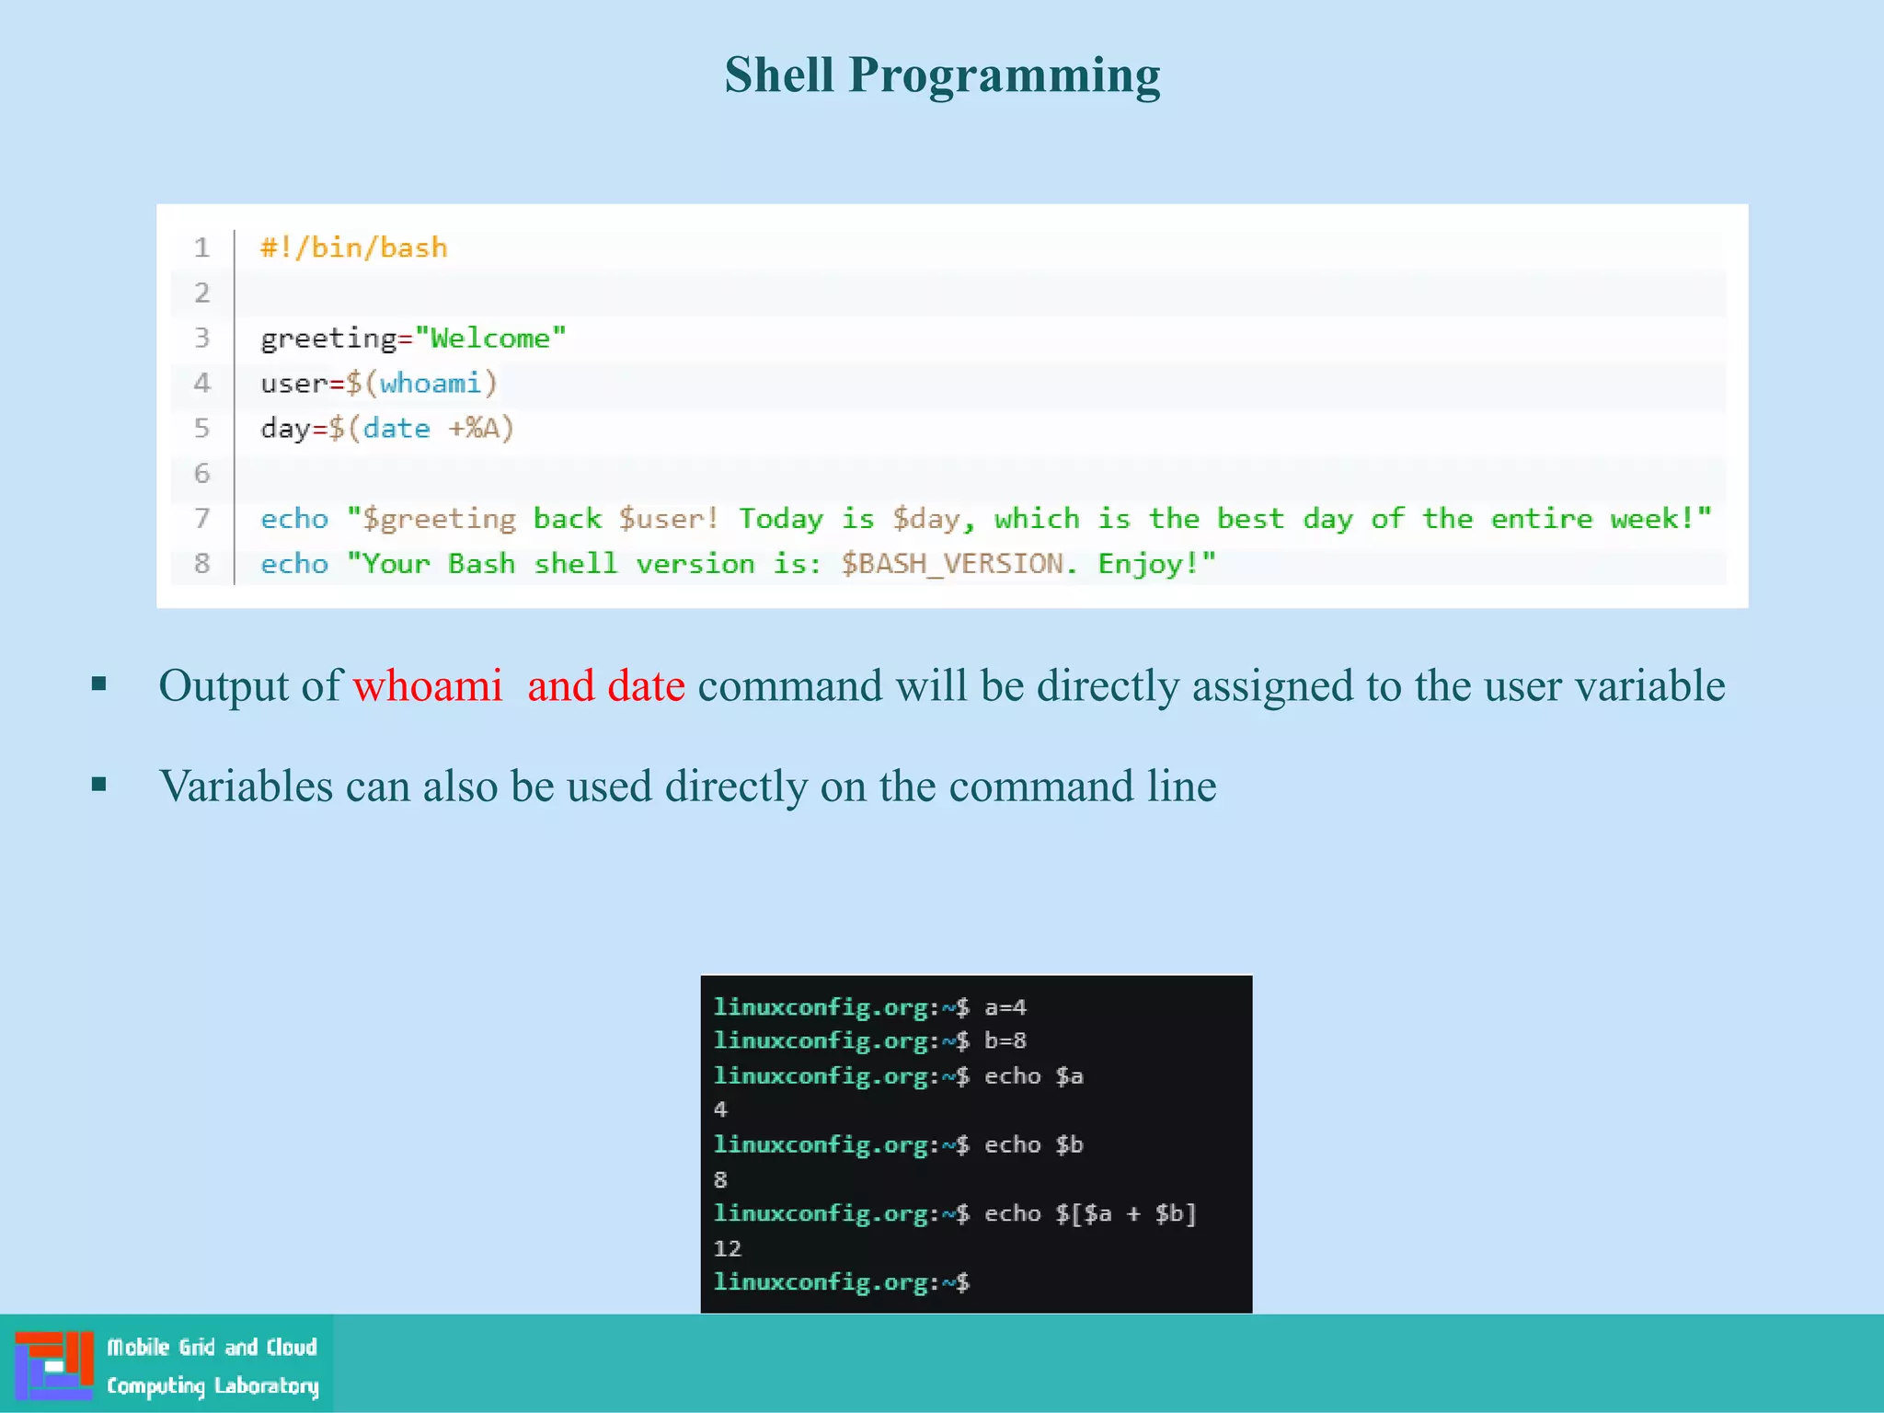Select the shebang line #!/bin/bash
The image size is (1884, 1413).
(354, 247)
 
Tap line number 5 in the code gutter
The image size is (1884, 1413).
(201, 429)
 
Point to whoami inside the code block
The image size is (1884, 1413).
(430, 383)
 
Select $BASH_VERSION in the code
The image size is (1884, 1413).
(951, 564)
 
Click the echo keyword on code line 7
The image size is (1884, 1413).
(294, 519)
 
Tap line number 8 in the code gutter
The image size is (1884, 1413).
(201, 564)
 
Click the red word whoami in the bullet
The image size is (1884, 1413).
(428, 686)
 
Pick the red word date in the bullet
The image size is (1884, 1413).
(646, 686)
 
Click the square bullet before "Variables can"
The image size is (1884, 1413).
(99, 785)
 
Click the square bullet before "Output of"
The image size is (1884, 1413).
(99, 684)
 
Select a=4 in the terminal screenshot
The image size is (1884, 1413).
(1005, 1007)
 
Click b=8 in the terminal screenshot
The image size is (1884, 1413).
(1005, 1041)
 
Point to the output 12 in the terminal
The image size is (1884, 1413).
(727, 1248)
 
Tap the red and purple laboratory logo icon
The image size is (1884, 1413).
(54, 1365)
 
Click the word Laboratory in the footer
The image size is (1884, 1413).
(266, 1386)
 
